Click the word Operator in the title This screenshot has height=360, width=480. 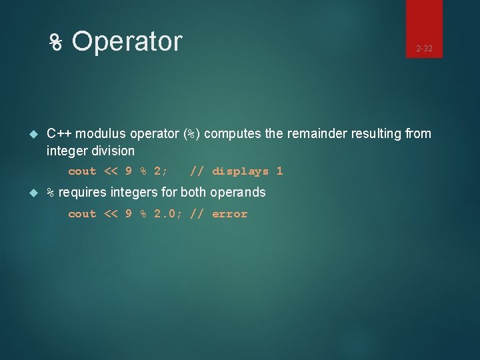127,41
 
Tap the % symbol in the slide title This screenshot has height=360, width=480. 57,43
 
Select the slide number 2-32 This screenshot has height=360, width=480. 424,49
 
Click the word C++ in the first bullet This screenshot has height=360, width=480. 59,134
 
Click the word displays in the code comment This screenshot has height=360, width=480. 241,171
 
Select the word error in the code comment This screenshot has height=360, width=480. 229,214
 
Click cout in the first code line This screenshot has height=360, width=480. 82,171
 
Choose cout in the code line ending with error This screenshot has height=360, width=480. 82,214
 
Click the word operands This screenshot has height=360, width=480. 237,193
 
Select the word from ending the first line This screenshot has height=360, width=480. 418,134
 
